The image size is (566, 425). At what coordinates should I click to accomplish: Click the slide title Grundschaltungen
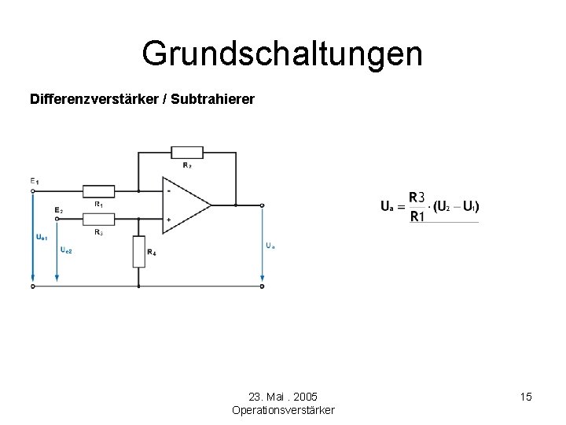point(282,54)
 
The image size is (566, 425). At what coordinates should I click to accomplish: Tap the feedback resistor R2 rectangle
point(187,152)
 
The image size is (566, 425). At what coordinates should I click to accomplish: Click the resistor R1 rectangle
point(98,190)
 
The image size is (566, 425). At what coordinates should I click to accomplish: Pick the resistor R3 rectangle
point(98,220)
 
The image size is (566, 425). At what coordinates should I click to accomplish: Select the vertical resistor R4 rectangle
point(139,251)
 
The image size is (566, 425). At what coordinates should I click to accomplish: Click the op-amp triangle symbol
point(186,205)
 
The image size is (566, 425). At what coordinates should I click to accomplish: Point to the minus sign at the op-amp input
point(168,190)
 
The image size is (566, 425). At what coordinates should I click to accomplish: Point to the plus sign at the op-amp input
point(168,220)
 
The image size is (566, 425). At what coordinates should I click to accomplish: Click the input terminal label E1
point(35,182)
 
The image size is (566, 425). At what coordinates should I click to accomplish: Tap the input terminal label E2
point(59,210)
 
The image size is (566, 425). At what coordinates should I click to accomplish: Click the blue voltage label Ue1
point(42,236)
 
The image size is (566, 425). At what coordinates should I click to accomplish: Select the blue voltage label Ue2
point(66,249)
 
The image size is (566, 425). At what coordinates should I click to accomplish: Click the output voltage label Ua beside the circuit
point(270,245)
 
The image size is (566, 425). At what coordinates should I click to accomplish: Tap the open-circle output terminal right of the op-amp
point(262,205)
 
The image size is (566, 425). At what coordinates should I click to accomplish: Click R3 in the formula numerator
point(417,197)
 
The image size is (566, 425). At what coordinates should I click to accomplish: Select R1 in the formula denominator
point(417,216)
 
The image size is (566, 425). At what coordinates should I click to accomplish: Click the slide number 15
point(526,397)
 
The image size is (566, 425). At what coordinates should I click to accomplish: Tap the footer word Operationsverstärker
point(283,410)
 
